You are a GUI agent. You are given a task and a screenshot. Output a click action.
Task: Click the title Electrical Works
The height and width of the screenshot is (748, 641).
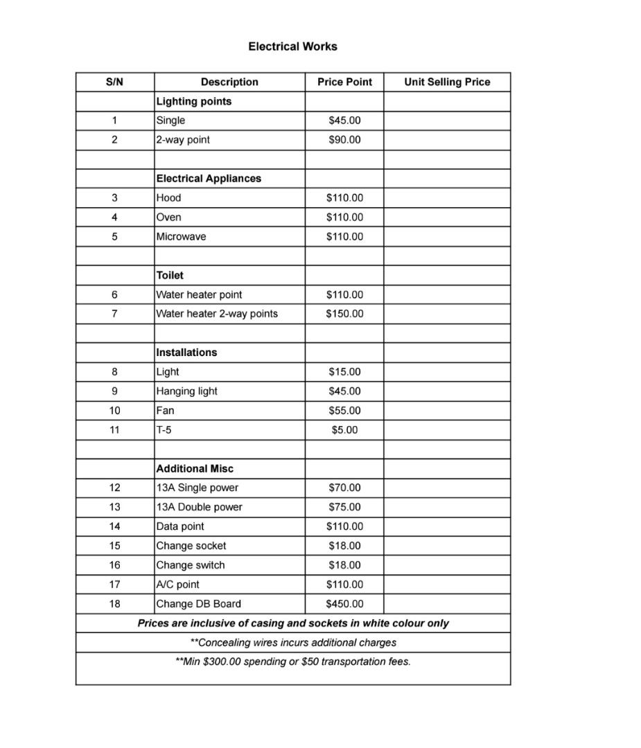[x=292, y=46]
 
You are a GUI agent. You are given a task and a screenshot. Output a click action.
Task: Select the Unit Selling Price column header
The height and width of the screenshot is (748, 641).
[x=447, y=82]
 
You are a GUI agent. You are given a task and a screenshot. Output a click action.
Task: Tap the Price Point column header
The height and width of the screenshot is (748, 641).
[x=344, y=82]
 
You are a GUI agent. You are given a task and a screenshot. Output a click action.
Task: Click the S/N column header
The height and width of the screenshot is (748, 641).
[x=114, y=82]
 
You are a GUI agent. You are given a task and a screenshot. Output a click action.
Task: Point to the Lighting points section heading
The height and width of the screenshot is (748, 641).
[x=194, y=101]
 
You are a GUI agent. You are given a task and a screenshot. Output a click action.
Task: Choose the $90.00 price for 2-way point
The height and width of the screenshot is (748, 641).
[x=344, y=140]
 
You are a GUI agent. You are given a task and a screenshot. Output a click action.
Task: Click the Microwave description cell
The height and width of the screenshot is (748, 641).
[x=181, y=236]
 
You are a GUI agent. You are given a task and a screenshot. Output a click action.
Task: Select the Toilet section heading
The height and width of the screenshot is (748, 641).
[x=170, y=275]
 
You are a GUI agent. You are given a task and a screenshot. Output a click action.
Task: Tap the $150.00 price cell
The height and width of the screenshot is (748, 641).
[x=344, y=314]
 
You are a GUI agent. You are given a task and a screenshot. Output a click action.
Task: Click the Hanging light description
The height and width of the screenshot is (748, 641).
[x=186, y=391]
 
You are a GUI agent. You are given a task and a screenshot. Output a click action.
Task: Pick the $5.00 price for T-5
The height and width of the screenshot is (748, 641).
[x=344, y=430]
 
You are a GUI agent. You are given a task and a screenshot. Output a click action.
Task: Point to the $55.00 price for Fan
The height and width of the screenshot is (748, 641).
[x=344, y=411]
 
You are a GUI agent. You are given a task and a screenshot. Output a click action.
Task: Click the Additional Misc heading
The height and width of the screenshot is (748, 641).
[x=195, y=469]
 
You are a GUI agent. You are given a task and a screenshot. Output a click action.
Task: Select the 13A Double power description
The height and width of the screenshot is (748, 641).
[x=199, y=507]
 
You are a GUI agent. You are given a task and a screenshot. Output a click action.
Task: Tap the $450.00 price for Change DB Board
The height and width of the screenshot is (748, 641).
[x=344, y=604]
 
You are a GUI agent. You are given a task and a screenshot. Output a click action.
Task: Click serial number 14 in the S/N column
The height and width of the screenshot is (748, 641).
[x=114, y=526]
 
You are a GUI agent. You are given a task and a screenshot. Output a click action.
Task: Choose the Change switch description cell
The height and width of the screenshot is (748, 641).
[x=190, y=565]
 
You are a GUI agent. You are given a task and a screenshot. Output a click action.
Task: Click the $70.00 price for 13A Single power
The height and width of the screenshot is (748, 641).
[x=344, y=488]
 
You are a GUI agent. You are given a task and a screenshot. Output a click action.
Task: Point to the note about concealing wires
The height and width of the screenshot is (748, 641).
[x=293, y=642]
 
